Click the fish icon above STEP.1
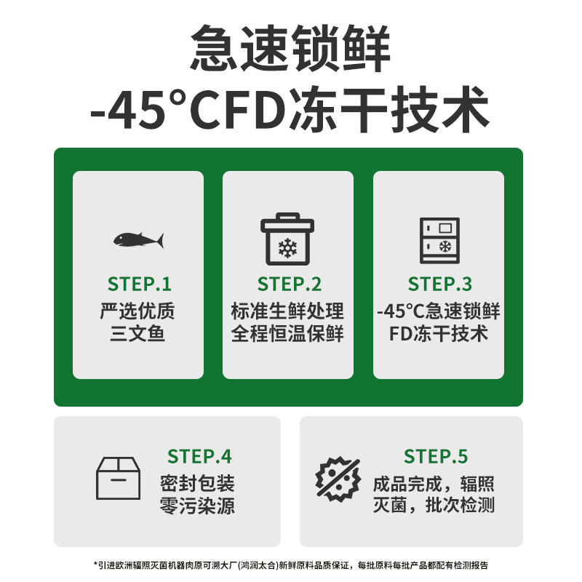[138, 239]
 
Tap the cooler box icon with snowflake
[288, 239]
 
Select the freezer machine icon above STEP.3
[439, 239]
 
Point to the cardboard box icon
[118, 477]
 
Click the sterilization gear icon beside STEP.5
[338, 479]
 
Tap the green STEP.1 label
[139, 284]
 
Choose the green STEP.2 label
[289, 284]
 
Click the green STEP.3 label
[439, 284]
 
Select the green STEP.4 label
[199, 456]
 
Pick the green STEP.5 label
[436, 456]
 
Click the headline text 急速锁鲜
[290, 48]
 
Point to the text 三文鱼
[138, 334]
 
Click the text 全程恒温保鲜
[288, 334]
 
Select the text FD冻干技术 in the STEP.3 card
[439, 334]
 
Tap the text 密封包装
[198, 483]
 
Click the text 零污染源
[198, 506]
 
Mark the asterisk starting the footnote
[95, 565]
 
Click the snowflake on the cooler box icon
[288, 248]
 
